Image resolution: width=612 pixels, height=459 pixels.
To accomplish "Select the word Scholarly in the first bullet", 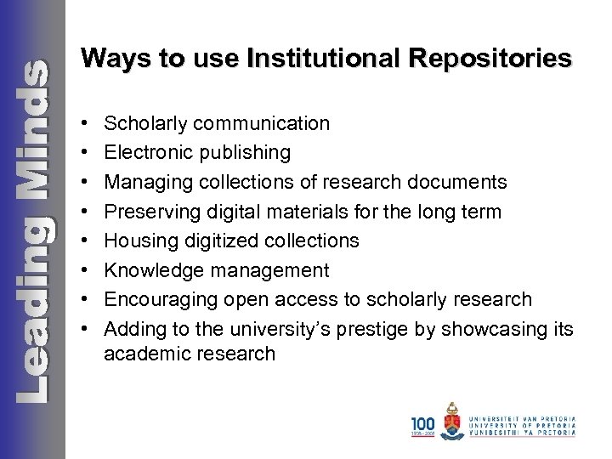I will click(144, 124).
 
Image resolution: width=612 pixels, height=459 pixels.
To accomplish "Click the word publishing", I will click(243, 153).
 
